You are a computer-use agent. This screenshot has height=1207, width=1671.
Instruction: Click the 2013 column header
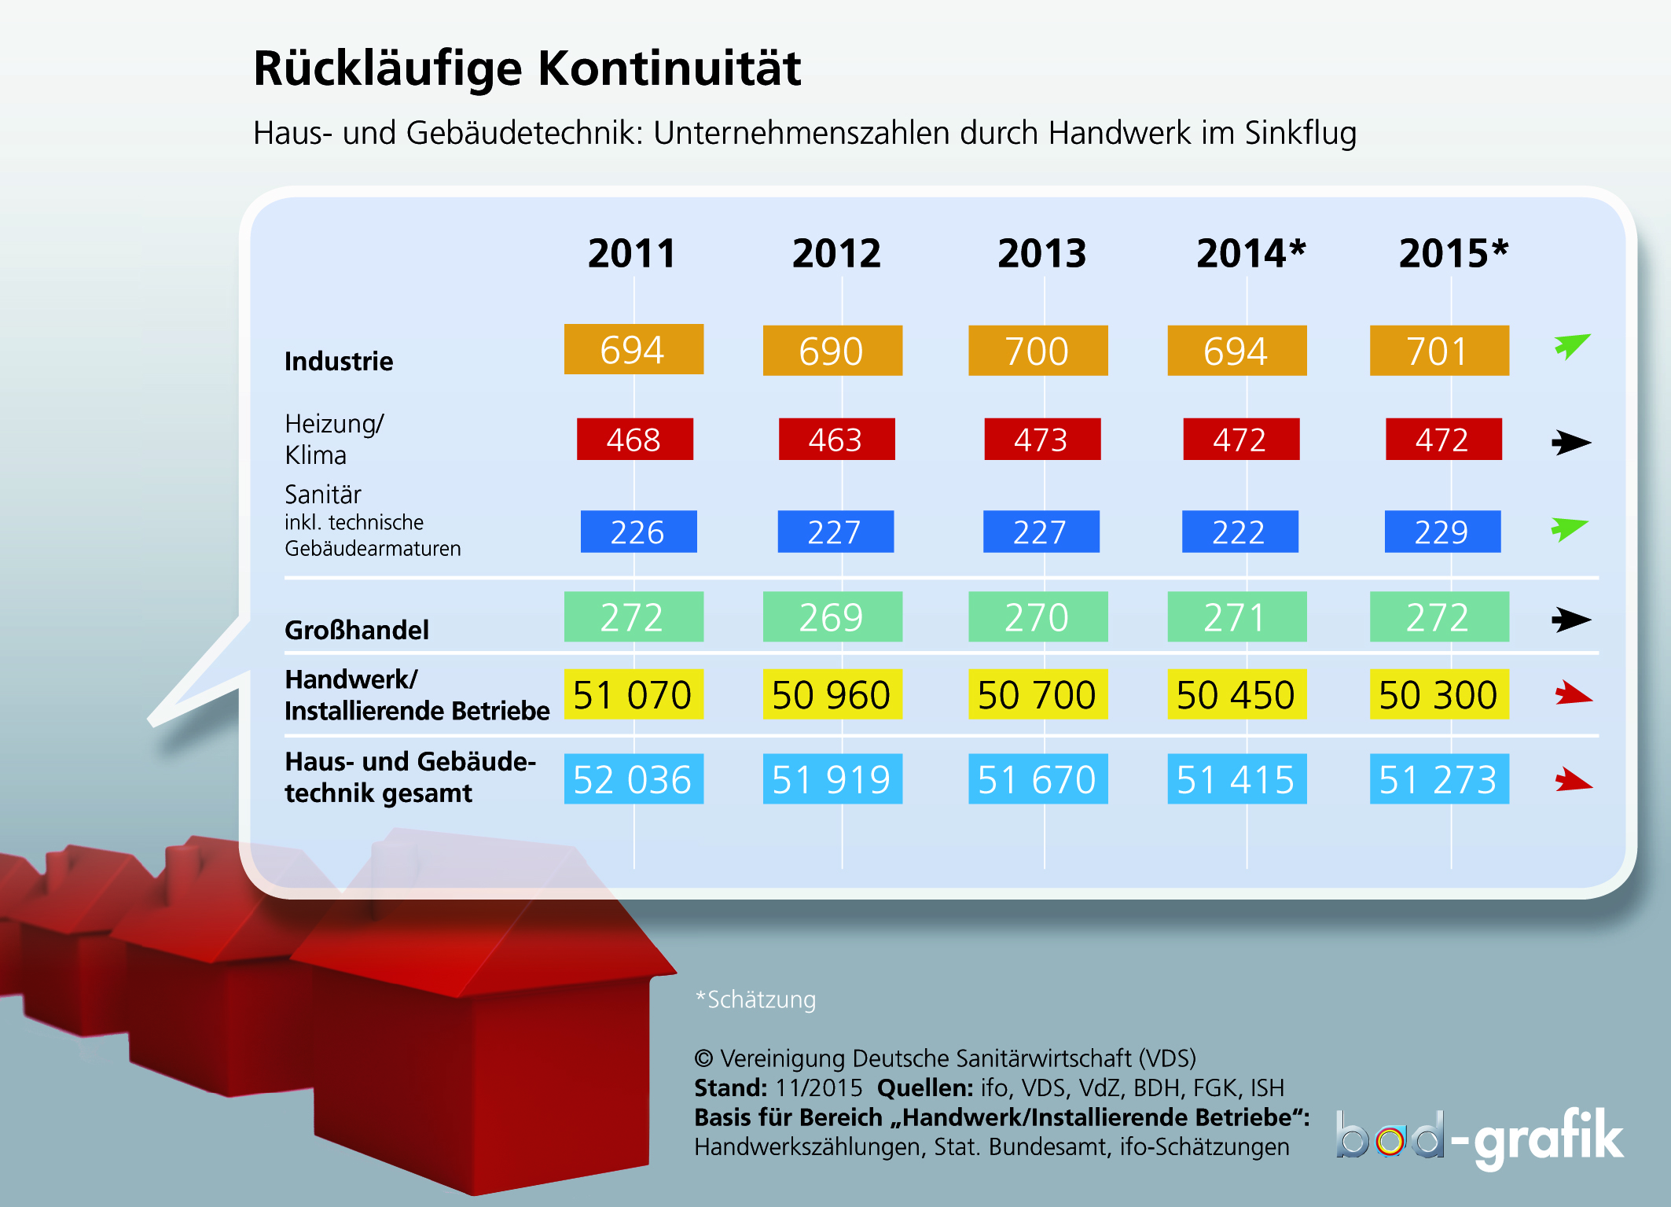(1041, 253)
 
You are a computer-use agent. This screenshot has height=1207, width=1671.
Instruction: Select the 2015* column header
(1453, 253)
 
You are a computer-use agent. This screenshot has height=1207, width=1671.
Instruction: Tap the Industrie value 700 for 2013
(1038, 351)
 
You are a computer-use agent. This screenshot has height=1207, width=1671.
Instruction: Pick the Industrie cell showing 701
(1439, 351)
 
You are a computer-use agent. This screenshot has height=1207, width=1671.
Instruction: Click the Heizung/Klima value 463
(836, 440)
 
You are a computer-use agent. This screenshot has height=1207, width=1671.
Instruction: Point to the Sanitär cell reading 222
(1239, 532)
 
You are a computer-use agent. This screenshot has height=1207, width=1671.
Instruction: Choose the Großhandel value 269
(832, 617)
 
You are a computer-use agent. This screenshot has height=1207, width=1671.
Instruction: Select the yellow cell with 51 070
(634, 694)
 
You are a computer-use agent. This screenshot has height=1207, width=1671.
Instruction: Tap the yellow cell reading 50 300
(1439, 694)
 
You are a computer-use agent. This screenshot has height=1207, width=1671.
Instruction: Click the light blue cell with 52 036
(634, 779)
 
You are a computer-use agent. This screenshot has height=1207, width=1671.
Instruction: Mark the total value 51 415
(1237, 779)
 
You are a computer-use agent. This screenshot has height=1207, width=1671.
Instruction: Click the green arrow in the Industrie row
(1571, 346)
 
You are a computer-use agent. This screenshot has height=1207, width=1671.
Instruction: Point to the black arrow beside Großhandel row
(1571, 620)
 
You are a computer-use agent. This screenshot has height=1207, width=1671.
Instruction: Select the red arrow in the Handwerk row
(1574, 694)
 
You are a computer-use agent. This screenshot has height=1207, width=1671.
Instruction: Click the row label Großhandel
(357, 630)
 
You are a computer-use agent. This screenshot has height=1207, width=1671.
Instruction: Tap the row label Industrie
(339, 361)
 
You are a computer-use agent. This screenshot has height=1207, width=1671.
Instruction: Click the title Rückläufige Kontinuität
(527, 68)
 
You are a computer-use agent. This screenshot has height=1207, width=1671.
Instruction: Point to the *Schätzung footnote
(756, 999)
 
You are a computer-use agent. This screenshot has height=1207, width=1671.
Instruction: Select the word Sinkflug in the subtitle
(1301, 133)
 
